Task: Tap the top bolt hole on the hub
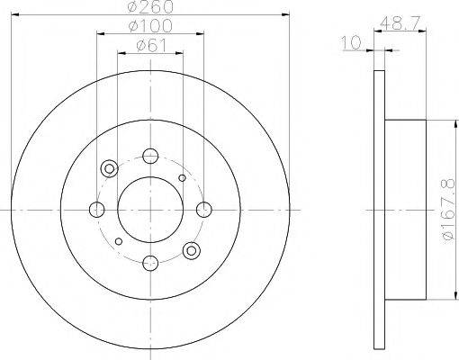click(149, 156)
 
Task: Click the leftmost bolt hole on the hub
click(96, 210)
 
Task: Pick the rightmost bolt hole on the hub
click(203, 210)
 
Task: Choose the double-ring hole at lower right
click(190, 251)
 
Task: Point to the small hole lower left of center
click(119, 241)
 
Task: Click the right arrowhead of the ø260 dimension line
click(287, 14)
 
